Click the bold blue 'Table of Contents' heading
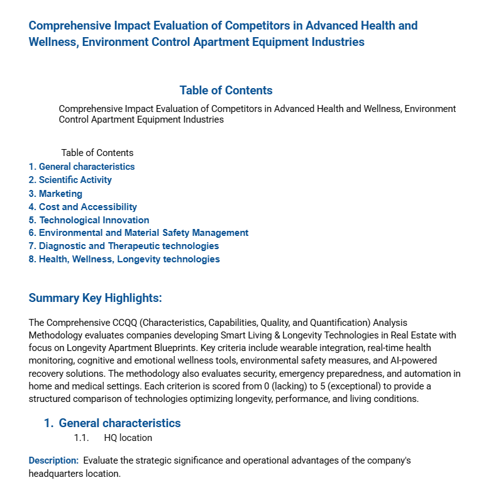(226, 90)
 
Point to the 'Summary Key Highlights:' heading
(95, 298)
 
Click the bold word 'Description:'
(53, 460)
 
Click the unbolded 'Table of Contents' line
(97, 153)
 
